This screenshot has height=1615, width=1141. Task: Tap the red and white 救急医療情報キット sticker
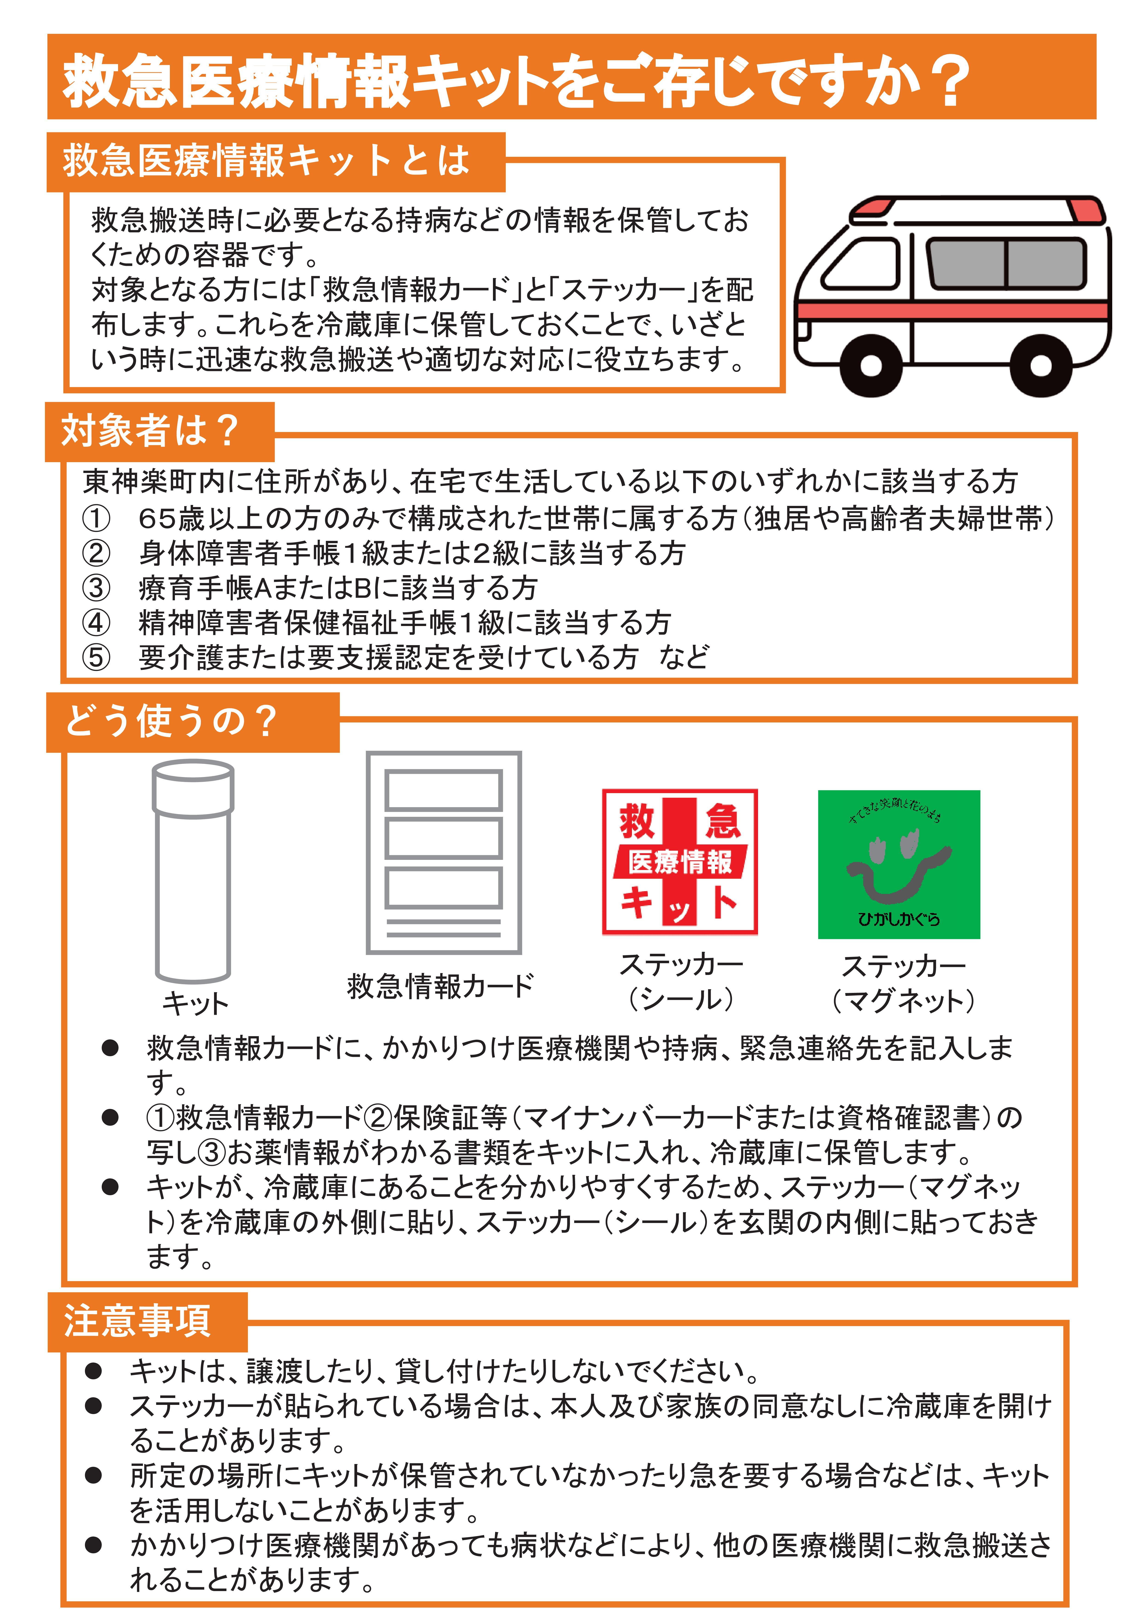tap(680, 862)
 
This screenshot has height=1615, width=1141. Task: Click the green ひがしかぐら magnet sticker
tap(898, 864)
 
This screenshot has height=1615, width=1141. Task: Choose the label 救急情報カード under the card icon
tap(440, 986)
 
